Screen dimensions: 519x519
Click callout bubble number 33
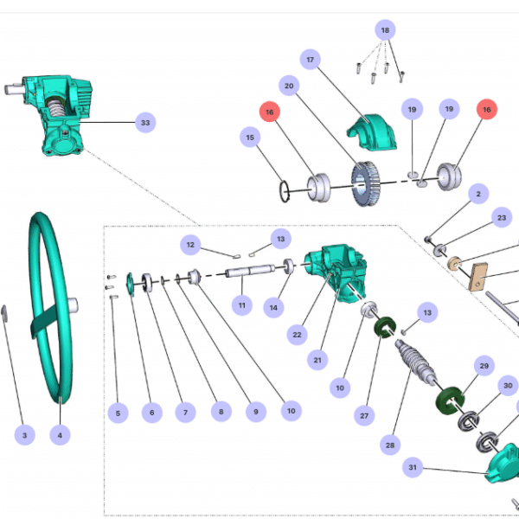[145, 123]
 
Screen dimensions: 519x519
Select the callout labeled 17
[310, 60]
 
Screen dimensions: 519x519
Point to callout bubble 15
[251, 137]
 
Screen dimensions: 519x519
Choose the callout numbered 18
[385, 29]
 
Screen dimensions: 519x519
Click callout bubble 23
[501, 219]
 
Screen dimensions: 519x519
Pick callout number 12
[190, 245]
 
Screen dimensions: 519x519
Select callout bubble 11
[242, 305]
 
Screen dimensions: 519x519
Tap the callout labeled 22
[297, 334]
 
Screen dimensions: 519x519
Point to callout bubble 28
[390, 445]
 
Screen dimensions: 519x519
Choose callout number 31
[413, 468]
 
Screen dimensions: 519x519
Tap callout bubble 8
[220, 413]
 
